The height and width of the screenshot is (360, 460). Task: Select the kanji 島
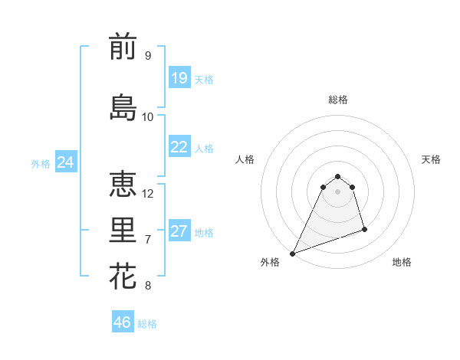click(x=123, y=107)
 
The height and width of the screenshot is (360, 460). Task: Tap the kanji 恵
click(x=123, y=185)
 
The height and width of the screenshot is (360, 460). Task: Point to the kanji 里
click(x=123, y=231)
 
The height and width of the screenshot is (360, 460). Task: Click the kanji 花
click(x=123, y=277)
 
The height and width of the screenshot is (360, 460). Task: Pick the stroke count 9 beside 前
click(x=147, y=56)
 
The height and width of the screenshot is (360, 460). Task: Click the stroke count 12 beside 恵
click(x=149, y=194)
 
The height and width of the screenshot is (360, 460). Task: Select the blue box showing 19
click(x=179, y=78)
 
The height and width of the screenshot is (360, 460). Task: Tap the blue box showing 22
click(x=179, y=147)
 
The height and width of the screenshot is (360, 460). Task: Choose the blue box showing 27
click(x=179, y=231)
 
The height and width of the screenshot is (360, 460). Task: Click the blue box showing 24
click(x=65, y=162)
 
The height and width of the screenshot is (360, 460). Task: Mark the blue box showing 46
click(x=122, y=322)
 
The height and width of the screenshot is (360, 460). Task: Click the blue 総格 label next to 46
click(x=147, y=324)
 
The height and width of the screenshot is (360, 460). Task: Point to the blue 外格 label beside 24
click(x=41, y=163)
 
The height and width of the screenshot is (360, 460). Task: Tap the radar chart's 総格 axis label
click(x=338, y=100)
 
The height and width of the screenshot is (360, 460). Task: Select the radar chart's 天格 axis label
click(x=432, y=159)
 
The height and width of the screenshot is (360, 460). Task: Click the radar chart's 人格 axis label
click(x=245, y=159)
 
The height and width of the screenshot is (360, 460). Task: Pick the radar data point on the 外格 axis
click(x=292, y=254)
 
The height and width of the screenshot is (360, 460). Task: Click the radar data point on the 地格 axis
click(x=364, y=229)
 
